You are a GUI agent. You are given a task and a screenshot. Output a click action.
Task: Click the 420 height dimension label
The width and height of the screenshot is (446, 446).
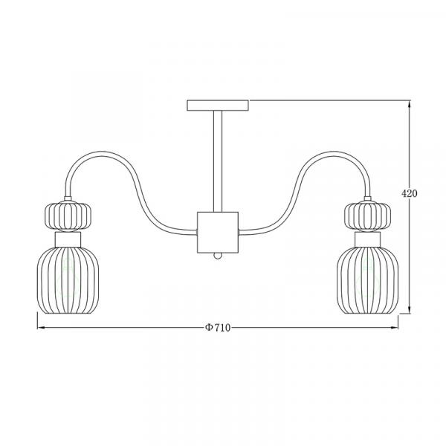click(x=410, y=193)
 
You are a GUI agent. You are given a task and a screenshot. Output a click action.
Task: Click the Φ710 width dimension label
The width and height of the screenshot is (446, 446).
click(x=218, y=328)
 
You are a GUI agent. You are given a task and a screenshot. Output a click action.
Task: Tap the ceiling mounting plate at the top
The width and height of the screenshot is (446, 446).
click(x=218, y=106)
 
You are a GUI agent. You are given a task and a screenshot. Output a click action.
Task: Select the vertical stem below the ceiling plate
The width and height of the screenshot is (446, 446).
click(x=218, y=161)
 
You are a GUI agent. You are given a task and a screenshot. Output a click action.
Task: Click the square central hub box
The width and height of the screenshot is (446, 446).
click(x=218, y=233)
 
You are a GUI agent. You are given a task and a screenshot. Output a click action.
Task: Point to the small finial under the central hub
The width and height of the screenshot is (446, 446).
click(x=218, y=256)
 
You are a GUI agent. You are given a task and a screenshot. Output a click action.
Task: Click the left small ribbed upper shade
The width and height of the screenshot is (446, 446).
click(x=68, y=216)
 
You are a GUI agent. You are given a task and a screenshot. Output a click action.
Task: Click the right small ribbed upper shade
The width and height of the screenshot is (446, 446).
click(x=367, y=216)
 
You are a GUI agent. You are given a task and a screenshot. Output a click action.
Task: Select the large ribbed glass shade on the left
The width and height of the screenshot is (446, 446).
click(x=68, y=280)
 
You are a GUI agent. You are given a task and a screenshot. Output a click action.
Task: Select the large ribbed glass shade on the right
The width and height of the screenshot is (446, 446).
click(x=367, y=280)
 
